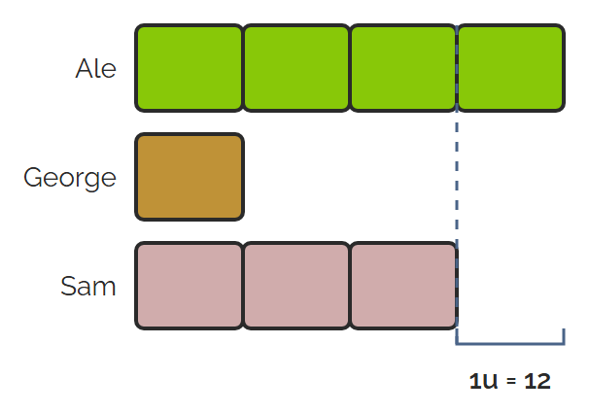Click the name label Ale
96,68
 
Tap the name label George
70,178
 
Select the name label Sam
88,286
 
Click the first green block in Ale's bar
189,68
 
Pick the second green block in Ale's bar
296,68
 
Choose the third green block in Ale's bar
403,68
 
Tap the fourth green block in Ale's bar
511,68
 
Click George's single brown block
190,177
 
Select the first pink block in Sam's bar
189,286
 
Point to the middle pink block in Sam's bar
296,286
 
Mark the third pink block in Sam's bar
403,286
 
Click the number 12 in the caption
537,381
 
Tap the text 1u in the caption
483,381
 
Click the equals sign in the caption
511,382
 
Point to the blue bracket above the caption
510,343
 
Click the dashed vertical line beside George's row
457,177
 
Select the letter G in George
33,177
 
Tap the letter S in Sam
69,286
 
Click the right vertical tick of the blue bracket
564,336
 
